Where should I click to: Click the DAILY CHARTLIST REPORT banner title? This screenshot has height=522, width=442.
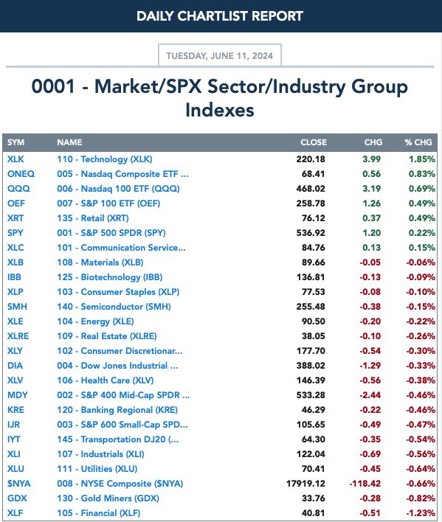220,16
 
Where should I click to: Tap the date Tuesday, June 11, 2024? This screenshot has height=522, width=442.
219,55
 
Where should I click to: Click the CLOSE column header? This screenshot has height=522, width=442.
314,142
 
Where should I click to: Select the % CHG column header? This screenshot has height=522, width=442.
418,142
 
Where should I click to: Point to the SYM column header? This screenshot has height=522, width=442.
15,142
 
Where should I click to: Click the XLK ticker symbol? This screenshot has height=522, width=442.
15,159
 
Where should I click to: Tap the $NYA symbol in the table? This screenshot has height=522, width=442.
19,484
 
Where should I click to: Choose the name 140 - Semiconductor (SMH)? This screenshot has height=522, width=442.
114,307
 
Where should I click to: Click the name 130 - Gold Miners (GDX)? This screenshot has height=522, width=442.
108,498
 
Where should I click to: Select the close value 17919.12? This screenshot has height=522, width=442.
305,484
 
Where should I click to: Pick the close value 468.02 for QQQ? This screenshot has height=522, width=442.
311,189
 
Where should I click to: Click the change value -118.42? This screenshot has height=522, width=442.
365,484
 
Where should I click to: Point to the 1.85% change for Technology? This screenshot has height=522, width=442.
422,159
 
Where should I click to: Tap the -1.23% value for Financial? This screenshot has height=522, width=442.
421,513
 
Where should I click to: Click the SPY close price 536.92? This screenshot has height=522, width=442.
311,233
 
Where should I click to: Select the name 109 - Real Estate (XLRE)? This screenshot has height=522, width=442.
106,336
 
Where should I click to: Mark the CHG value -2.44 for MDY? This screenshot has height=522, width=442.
370,395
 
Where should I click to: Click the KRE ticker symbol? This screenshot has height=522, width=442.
15,410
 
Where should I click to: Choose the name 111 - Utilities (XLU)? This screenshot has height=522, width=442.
97,469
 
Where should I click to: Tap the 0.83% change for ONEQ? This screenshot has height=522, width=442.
422,174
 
